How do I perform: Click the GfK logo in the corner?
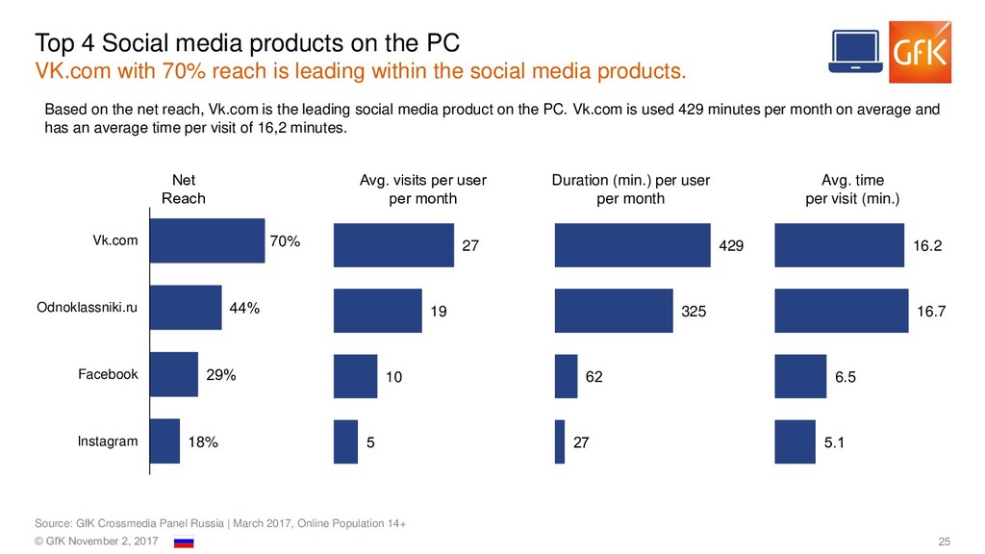(x=920, y=50)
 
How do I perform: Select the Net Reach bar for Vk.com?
(x=208, y=241)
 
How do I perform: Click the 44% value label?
(x=244, y=308)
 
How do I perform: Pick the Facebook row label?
(x=108, y=374)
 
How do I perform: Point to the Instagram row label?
(x=108, y=441)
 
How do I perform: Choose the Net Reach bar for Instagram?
(x=165, y=441)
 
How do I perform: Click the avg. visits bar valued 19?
(x=378, y=311)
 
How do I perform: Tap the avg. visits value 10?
(x=393, y=378)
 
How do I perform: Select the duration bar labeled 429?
(x=631, y=244)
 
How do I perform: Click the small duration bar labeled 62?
(x=566, y=377)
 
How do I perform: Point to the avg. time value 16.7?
(x=931, y=312)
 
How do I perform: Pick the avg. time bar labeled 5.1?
(x=795, y=442)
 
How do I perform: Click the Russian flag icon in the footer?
(x=183, y=542)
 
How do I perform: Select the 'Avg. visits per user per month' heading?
(x=422, y=189)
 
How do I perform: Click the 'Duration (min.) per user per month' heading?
(x=630, y=189)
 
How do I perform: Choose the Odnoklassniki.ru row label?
(x=88, y=308)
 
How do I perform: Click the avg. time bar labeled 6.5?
(x=800, y=377)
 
